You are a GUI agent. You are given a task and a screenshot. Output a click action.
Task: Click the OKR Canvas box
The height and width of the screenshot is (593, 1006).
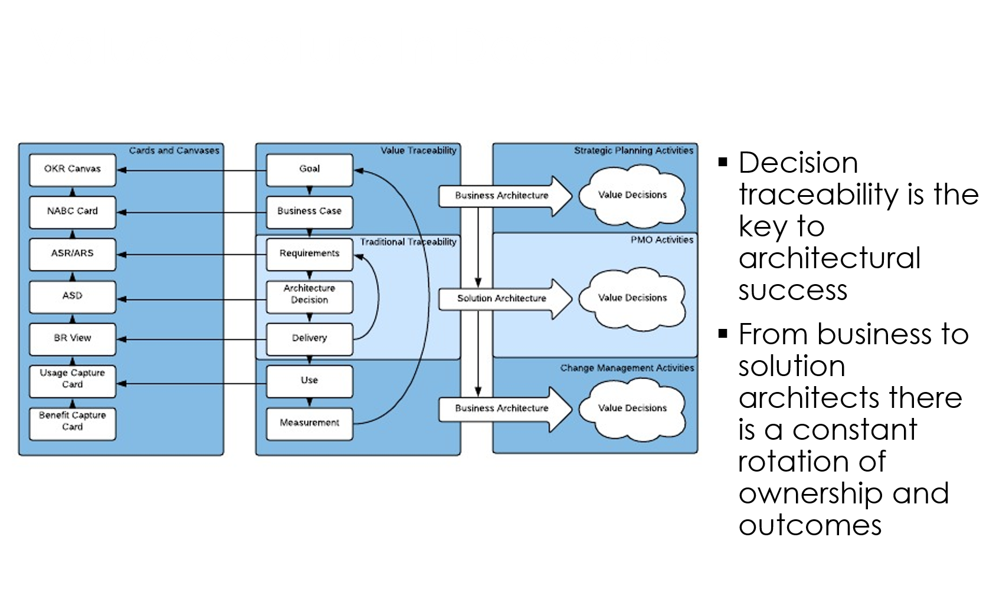[x=73, y=170]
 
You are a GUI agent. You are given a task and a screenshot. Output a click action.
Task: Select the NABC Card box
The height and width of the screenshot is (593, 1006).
[x=73, y=212]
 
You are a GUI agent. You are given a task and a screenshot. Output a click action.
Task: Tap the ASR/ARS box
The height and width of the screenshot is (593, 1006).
[x=73, y=254]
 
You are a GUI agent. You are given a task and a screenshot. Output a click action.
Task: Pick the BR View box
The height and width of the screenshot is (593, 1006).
[x=73, y=339]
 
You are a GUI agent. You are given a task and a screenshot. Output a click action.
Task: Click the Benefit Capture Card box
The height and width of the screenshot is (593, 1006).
[x=73, y=423]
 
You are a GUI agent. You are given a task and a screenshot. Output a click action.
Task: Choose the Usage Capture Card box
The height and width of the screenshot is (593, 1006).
[x=73, y=381]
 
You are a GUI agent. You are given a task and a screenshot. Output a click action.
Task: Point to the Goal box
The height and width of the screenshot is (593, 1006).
[x=309, y=170]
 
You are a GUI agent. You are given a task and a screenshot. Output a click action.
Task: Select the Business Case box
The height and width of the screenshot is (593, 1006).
[x=309, y=212]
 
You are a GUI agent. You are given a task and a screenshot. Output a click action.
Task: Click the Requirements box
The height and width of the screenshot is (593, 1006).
[x=309, y=254]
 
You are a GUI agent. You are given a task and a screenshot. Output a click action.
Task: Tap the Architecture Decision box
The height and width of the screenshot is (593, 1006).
[x=309, y=296]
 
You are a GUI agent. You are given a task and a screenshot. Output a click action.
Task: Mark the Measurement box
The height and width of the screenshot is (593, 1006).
[x=309, y=423]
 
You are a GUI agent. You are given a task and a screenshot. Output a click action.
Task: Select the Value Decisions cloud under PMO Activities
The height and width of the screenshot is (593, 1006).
[x=633, y=298]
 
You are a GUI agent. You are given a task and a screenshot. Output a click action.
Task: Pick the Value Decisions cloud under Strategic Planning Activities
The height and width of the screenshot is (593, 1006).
[x=633, y=196]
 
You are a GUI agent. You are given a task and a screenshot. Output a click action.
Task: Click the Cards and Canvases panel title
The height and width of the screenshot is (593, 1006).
[x=174, y=150]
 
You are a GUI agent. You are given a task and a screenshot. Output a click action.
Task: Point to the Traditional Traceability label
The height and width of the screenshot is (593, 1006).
[x=408, y=242]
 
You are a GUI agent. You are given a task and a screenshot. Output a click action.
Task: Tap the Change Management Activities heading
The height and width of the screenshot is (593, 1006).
[x=627, y=368]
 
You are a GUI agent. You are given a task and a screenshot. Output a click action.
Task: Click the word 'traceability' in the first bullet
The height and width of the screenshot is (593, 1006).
[x=819, y=194]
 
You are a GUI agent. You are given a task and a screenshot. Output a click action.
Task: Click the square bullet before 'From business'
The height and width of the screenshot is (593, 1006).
[x=723, y=333]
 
